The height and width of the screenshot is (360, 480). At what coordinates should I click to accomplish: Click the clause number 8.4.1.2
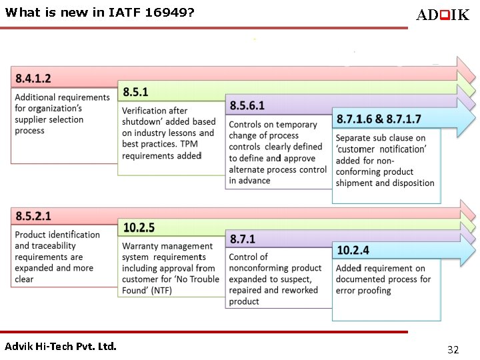33,79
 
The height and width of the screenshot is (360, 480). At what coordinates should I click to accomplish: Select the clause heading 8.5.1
135,92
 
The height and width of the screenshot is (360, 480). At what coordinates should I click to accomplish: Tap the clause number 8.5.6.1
247,105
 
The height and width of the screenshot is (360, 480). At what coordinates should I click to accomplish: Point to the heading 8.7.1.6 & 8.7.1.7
379,119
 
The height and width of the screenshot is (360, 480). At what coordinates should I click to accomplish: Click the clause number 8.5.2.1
33,216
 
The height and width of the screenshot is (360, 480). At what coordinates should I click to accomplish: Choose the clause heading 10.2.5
139,228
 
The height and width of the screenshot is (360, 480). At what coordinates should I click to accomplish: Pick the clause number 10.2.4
353,250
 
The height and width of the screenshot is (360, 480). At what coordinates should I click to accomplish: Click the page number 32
453,349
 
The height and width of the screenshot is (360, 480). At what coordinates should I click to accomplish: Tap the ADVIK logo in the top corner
442,15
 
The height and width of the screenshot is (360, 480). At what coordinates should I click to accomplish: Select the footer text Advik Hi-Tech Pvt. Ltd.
61,346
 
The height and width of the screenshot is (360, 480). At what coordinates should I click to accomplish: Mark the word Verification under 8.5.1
145,111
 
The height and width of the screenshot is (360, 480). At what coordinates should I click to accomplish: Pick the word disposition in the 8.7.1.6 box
411,183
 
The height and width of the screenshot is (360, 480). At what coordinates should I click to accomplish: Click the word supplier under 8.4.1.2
35,120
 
